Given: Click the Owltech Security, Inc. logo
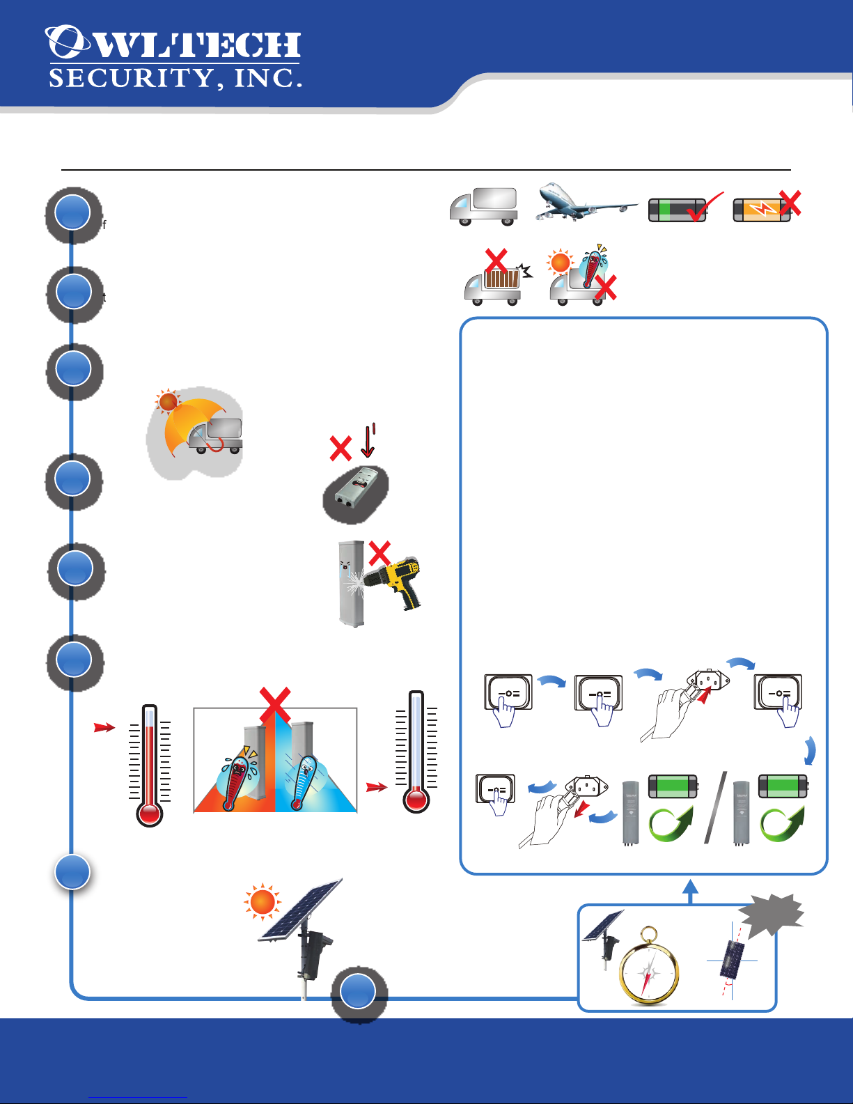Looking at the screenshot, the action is [x=174, y=57].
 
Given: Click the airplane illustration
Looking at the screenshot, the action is [x=586, y=201].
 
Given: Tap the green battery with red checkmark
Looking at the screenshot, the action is [x=685, y=208].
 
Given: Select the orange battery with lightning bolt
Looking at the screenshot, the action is [x=767, y=206].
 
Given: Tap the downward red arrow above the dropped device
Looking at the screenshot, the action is [x=368, y=440].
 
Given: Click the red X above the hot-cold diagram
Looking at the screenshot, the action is [x=275, y=706].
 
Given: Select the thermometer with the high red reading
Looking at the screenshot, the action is [x=150, y=765].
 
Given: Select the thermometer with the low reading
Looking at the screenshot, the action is [x=416, y=752].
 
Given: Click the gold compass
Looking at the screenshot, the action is [x=649, y=966].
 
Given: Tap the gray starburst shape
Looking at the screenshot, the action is [x=771, y=915].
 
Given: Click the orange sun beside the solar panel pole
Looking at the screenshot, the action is [x=263, y=902].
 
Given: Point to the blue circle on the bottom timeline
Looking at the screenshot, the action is [x=358, y=991].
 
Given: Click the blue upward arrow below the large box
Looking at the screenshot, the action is [x=690, y=891].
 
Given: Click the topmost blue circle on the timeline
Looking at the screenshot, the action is [x=72, y=212].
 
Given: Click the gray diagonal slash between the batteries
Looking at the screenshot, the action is [x=715, y=807].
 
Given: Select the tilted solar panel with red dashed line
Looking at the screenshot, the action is [x=732, y=959].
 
